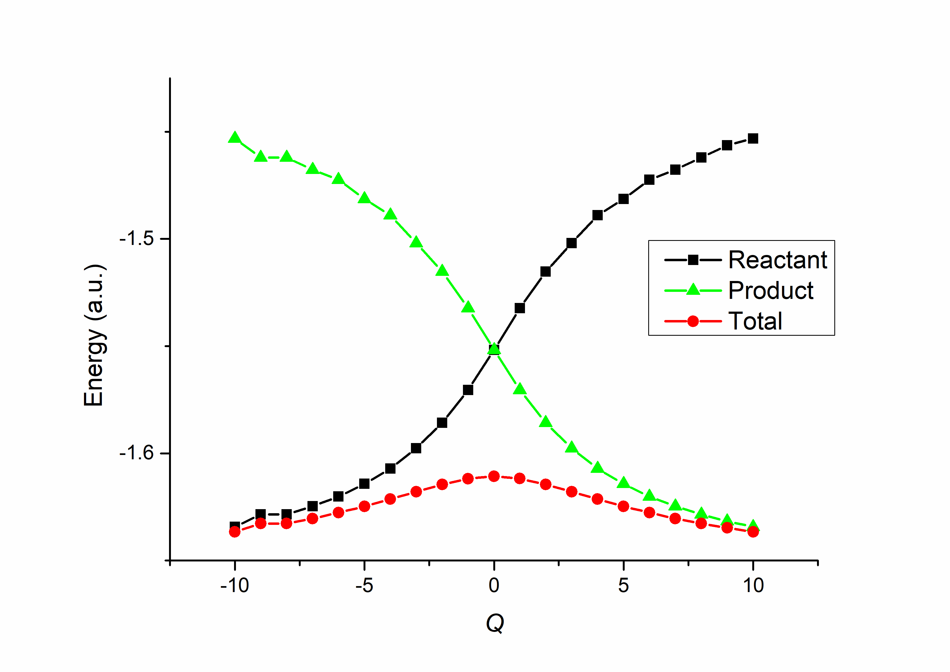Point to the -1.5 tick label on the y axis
[136, 238]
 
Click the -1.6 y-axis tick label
[136, 453]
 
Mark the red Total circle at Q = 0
[494, 476]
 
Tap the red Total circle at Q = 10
[753, 532]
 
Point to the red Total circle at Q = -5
[364, 506]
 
